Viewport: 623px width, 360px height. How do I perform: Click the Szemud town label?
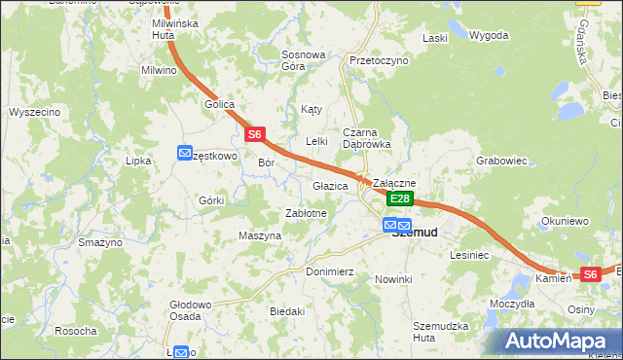click(414, 233)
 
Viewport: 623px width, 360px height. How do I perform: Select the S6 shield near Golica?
click(254, 134)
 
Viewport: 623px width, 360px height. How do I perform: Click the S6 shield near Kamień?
click(590, 275)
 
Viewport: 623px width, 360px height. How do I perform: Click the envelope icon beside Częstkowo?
click(185, 153)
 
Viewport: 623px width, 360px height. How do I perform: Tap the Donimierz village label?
click(329, 271)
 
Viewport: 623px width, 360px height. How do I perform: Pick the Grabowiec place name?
click(501, 161)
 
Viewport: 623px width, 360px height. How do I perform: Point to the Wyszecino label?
click(35, 112)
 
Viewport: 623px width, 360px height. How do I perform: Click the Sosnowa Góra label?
click(302, 60)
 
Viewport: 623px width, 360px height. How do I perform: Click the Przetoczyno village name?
click(379, 60)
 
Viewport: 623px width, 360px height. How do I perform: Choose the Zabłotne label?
click(307, 212)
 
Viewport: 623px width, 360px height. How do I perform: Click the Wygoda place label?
click(489, 36)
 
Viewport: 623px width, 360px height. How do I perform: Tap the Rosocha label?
click(75, 331)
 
